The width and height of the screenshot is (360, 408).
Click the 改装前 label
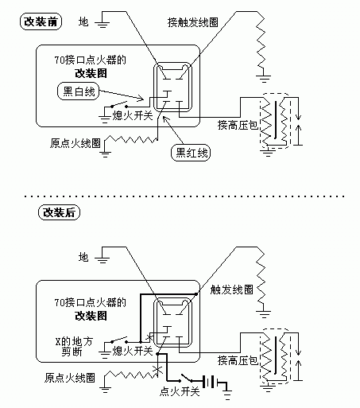(41, 22)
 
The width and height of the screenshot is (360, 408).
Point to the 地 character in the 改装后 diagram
(83, 256)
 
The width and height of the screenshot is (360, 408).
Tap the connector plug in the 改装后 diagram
(172, 322)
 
